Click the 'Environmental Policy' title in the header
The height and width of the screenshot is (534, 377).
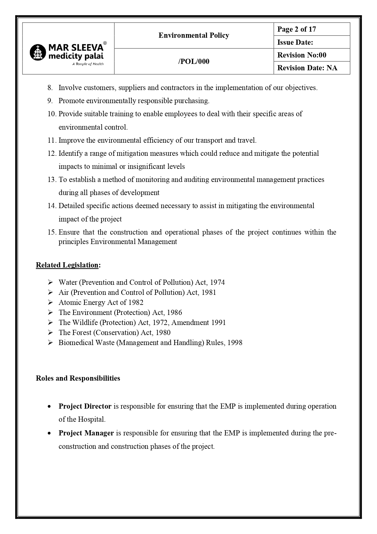pos(194,35)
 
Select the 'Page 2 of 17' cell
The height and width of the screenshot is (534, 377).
pos(311,29)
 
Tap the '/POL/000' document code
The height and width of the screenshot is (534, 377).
pos(194,61)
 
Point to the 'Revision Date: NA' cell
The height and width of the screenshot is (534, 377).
pos(311,68)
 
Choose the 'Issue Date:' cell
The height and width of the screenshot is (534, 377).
pos(311,42)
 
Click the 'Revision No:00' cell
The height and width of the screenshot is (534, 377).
pos(311,55)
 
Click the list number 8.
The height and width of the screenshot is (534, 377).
pos(50,88)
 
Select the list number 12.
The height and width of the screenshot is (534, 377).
pos(52,153)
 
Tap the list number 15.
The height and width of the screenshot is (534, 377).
pos(52,232)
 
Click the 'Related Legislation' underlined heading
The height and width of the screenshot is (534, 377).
pos(67,265)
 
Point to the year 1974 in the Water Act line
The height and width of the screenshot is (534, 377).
pos(218,282)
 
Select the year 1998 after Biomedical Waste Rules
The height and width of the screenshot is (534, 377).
pos(235,343)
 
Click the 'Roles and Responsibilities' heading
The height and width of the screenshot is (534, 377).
pos(78,378)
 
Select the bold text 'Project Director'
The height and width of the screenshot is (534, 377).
pos(85,406)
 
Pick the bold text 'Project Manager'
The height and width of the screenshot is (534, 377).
pos(86,433)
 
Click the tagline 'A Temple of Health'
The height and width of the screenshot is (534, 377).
pos(88,64)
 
